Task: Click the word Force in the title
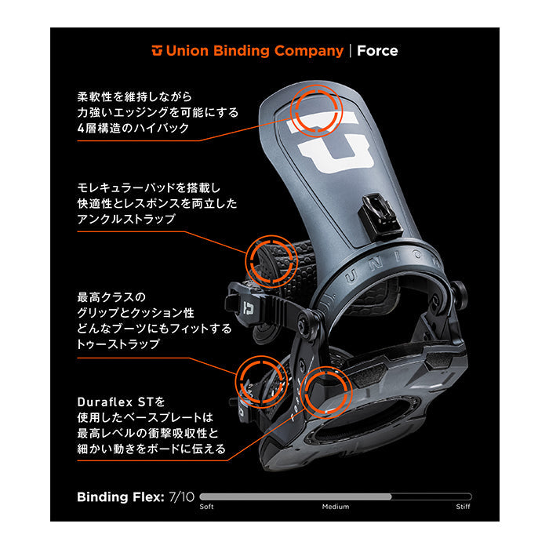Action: (377, 51)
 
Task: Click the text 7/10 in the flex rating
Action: (181, 496)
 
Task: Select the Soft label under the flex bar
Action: (207, 507)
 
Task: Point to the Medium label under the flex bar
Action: (336, 507)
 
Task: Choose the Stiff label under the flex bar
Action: (464, 507)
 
